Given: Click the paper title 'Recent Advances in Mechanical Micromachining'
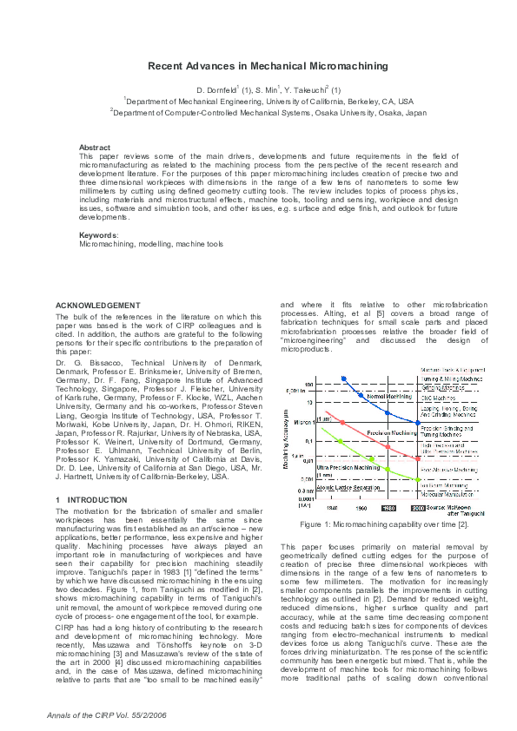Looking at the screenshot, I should pyautogui.click(x=267, y=66).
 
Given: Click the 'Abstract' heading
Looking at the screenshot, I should pyautogui.click(x=94, y=148).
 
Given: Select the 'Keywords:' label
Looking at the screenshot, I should pyautogui.click(x=98, y=235).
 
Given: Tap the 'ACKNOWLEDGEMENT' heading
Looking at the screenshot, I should pyautogui.click(x=97, y=306).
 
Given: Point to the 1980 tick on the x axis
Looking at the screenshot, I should pyautogui.click(x=390, y=508).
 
